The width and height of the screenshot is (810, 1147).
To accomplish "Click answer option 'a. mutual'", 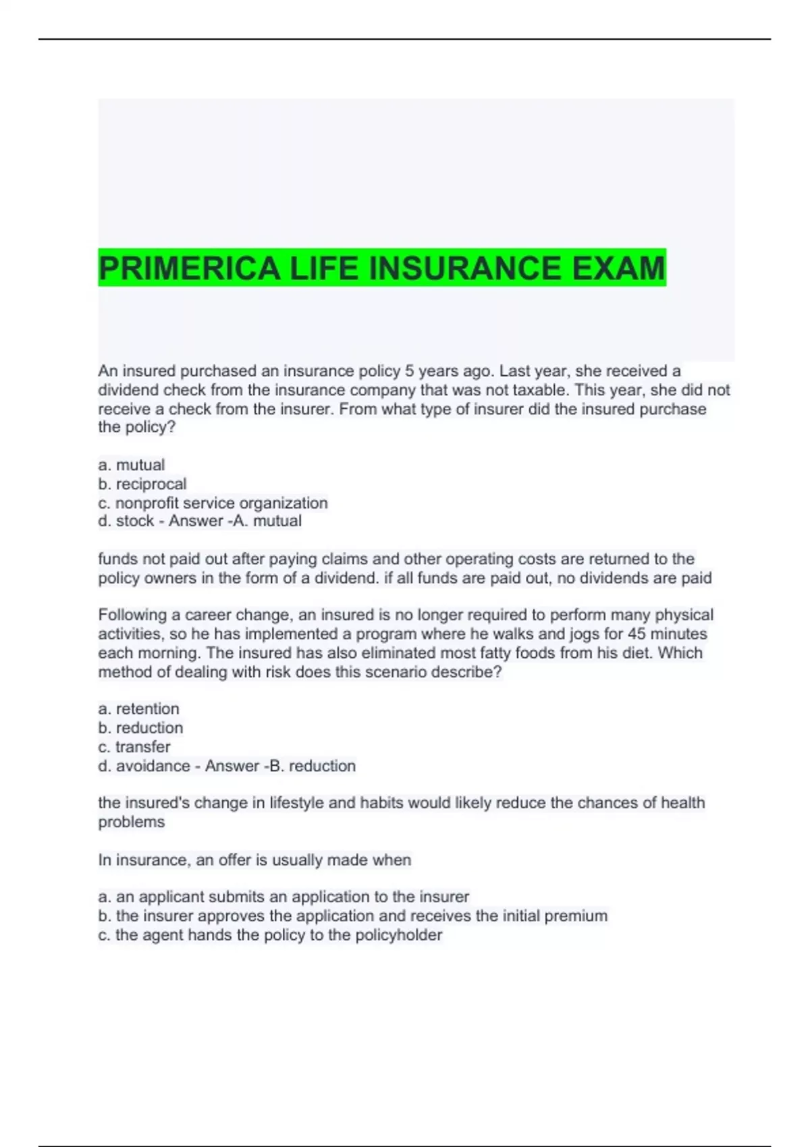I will click(x=132, y=465).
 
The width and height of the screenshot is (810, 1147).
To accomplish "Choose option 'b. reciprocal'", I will click(x=142, y=484).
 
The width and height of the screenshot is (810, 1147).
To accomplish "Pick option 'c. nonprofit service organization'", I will click(x=213, y=503).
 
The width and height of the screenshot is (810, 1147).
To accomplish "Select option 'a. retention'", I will click(x=139, y=708).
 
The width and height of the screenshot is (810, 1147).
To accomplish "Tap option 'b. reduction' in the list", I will click(x=140, y=727).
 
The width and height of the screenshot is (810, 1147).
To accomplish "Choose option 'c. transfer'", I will click(x=134, y=746).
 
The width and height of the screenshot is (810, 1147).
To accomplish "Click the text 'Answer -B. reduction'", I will click(x=280, y=766).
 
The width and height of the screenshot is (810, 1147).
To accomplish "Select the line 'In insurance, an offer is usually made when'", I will click(x=254, y=860).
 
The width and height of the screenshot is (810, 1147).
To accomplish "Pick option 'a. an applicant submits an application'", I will click(x=283, y=897).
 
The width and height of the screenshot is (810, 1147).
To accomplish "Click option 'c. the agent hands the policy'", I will click(x=270, y=934).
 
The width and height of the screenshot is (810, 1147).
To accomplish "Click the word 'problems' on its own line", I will click(x=132, y=822).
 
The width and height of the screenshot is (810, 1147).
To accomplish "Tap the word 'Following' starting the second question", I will click(x=132, y=615).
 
